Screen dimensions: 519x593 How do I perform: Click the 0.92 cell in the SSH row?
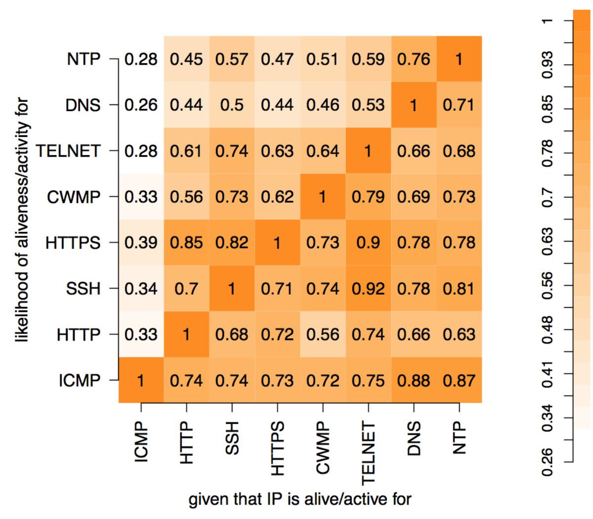(x=368, y=289)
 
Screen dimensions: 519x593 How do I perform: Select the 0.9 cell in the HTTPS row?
(x=368, y=243)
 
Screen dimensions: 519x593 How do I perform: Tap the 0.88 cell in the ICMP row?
(x=414, y=381)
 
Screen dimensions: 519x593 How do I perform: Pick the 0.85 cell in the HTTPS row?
(x=186, y=243)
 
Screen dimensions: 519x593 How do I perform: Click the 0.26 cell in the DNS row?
(x=141, y=105)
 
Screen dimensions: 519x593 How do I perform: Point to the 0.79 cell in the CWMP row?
(x=368, y=197)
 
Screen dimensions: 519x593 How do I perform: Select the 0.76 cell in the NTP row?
(x=414, y=59)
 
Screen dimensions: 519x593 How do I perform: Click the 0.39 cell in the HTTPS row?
(x=141, y=243)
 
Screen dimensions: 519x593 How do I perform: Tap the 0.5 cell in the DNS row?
(x=232, y=105)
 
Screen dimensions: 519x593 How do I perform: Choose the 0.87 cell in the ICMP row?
(x=459, y=381)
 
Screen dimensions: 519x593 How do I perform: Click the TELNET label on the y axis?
(x=68, y=151)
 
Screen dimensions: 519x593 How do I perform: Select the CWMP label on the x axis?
(x=323, y=448)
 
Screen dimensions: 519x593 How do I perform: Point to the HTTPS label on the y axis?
(x=73, y=243)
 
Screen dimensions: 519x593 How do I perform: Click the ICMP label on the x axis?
(x=141, y=441)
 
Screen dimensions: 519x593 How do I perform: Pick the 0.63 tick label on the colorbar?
(x=547, y=241)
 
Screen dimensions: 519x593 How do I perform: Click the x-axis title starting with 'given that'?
(x=299, y=499)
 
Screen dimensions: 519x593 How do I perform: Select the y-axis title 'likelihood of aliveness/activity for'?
(x=22, y=220)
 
